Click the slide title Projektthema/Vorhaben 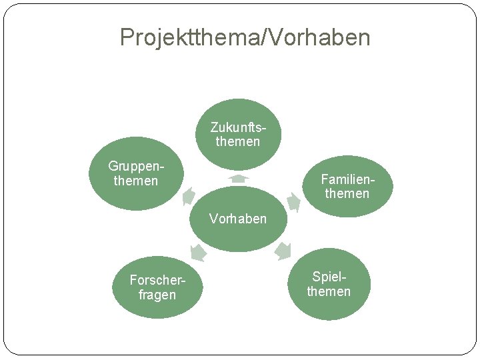pyautogui.click(x=245, y=37)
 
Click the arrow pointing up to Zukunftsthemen pyautogui.click(x=238, y=179)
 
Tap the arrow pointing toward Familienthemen pyautogui.click(x=293, y=201)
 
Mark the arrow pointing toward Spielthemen pyautogui.click(x=283, y=251)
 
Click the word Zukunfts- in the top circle pyautogui.click(x=238, y=127)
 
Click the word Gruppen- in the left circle pyautogui.click(x=136, y=167)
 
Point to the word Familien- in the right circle pyautogui.click(x=345, y=179)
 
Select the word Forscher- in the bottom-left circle pyautogui.click(x=157, y=280)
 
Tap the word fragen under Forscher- pyautogui.click(x=157, y=295)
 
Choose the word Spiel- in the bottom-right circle pyautogui.click(x=329, y=277)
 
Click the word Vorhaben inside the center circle pyautogui.click(x=238, y=219)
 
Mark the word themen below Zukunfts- pyautogui.click(x=238, y=141)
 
